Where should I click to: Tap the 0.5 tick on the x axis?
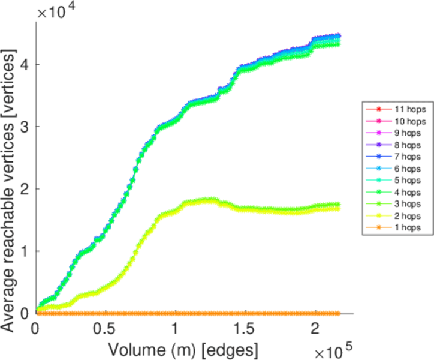click(x=106, y=329)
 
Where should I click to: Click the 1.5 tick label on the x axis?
click(x=246, y=329)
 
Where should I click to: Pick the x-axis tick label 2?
click(x=315, y=329)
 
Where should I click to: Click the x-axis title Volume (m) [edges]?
click(x=183, y=348)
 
